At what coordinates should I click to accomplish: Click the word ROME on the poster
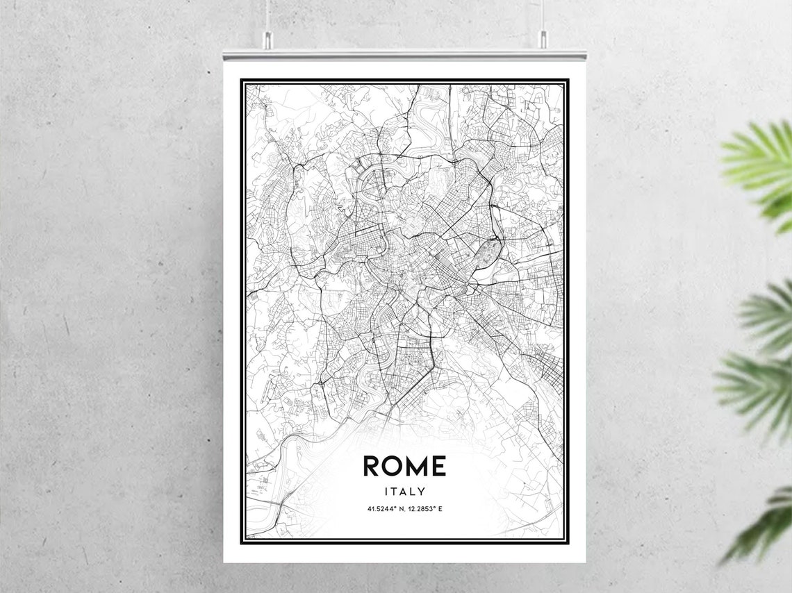coord(404,467)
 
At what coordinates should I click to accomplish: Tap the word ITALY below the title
coord(404,492)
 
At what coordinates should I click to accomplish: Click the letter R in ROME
coord(372,467)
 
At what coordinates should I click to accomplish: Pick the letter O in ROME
coord(393,467)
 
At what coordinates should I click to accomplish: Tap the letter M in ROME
coord(416,467)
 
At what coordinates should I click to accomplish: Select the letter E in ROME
coord(438,467)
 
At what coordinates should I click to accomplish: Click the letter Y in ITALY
coord(422,492)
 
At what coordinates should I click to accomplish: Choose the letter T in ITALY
coord(396,492)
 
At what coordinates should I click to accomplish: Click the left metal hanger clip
coord(266,40)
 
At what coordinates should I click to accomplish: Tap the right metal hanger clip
coord(543,40)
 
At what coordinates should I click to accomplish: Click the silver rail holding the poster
coord(404,54)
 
